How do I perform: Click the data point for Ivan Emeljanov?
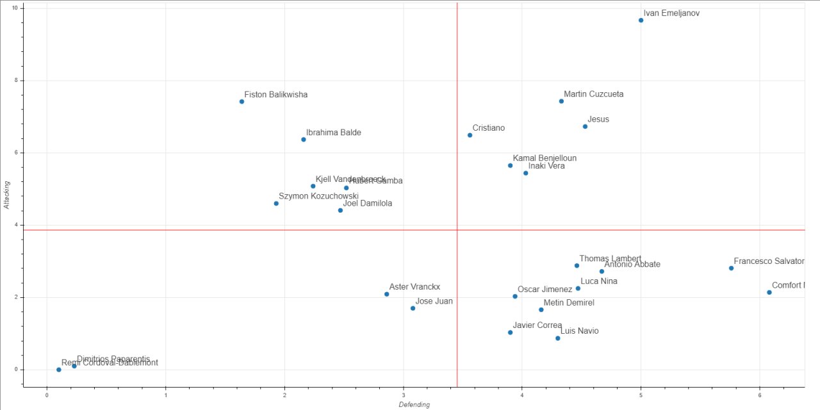click(x=641, y=20)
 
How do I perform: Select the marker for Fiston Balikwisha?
click(x=242, y=101)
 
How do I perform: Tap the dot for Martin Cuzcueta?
click(x=561, y=101)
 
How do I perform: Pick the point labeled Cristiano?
click(x=470, y=135)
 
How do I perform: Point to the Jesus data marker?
click(x=585, y=126)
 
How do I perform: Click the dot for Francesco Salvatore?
click(x=731, y=268)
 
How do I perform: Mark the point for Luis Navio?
click(x=557, y=338)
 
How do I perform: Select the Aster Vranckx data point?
click(x=386, y=294)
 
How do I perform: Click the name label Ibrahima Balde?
click(x=333, y=133)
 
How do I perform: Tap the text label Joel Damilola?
click(x=367, y=203)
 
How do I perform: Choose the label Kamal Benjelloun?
click(x=545, y=158)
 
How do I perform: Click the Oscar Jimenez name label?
click(x=545, y=289)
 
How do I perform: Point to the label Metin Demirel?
click(x=569, y=302)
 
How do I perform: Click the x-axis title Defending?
click(x=414, y=404)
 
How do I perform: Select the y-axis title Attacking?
click(x=7, y=194)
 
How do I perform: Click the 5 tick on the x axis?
click(x=641, y=395)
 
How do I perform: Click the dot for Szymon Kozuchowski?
click(x=276, y=203)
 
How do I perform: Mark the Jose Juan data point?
click(x=413, y=308)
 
